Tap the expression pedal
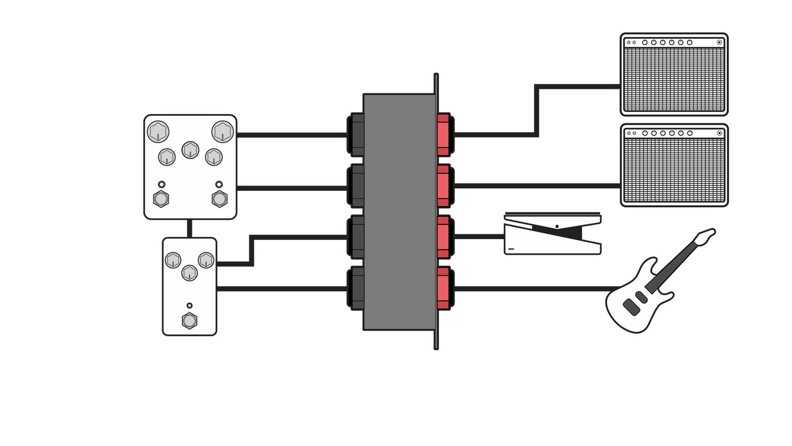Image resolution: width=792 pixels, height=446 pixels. click(x=552, y=236)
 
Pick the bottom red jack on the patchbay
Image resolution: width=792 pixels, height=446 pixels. click(x=443, y=288)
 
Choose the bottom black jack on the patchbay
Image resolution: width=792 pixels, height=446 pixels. click(x=358, y=288)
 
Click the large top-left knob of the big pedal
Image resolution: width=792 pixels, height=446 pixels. click(x=158, y=132)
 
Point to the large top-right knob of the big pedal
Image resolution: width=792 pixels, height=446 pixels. click(x=223, y=132)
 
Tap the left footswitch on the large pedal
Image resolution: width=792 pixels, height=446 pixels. click(x=161, y=199)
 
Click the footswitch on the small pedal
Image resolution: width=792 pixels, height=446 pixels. click(x=189, y=320)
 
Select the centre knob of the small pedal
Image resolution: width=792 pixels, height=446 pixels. click(x=189, y=272)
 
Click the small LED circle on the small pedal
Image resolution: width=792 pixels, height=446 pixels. click(x=190, y=306)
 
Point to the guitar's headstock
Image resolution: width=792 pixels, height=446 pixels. click(x=704, y=238)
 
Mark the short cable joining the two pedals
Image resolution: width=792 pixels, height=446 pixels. click(x=190, y=228)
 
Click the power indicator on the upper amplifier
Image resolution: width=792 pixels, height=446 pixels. click(x=719, y=42)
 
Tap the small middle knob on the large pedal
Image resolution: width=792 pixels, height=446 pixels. click(x=190, y=149)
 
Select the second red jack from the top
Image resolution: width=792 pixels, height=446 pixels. click(x=443, y=186)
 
